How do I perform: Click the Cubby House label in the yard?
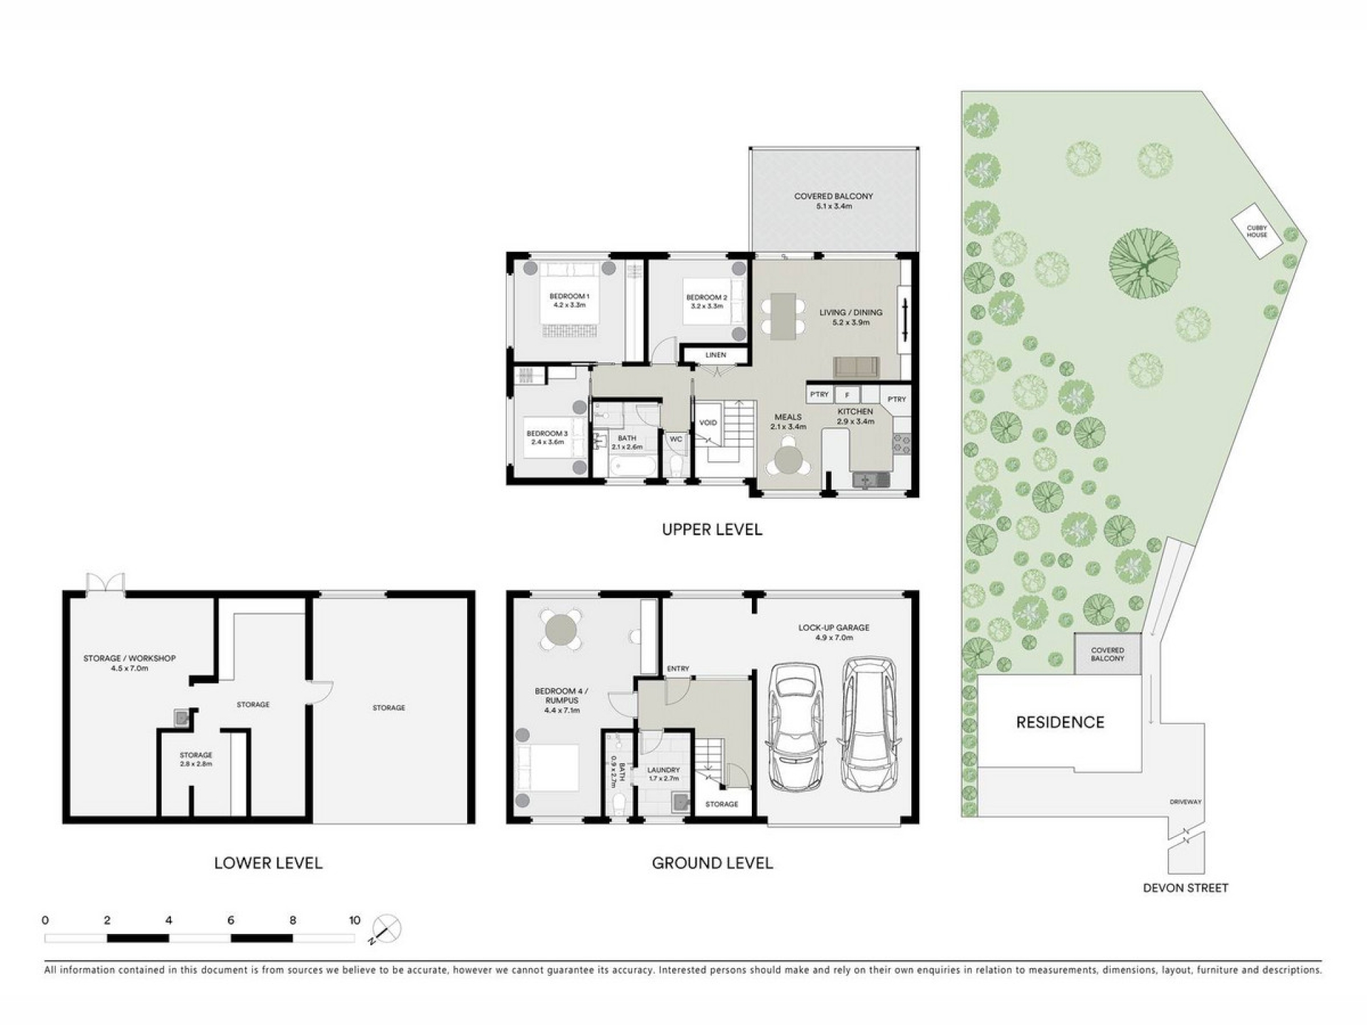tap(1257, 231)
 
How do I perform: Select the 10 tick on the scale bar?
tap(355, 920)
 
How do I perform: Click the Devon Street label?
tap(1185, 888)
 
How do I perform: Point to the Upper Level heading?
tap(712, 530)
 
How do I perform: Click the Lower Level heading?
tap(268, 863)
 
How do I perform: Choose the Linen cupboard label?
tap(716, 355)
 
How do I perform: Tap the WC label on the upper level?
tap(676, 439)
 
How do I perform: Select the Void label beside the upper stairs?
tap(708, 423)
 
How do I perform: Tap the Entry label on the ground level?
tap(678, 668)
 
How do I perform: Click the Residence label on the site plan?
tap(1060, 722)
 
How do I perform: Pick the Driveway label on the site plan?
tap(1185, 802)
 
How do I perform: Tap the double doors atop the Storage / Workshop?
tap(105, 583)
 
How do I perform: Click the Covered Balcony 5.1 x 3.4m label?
tap(834, 201)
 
